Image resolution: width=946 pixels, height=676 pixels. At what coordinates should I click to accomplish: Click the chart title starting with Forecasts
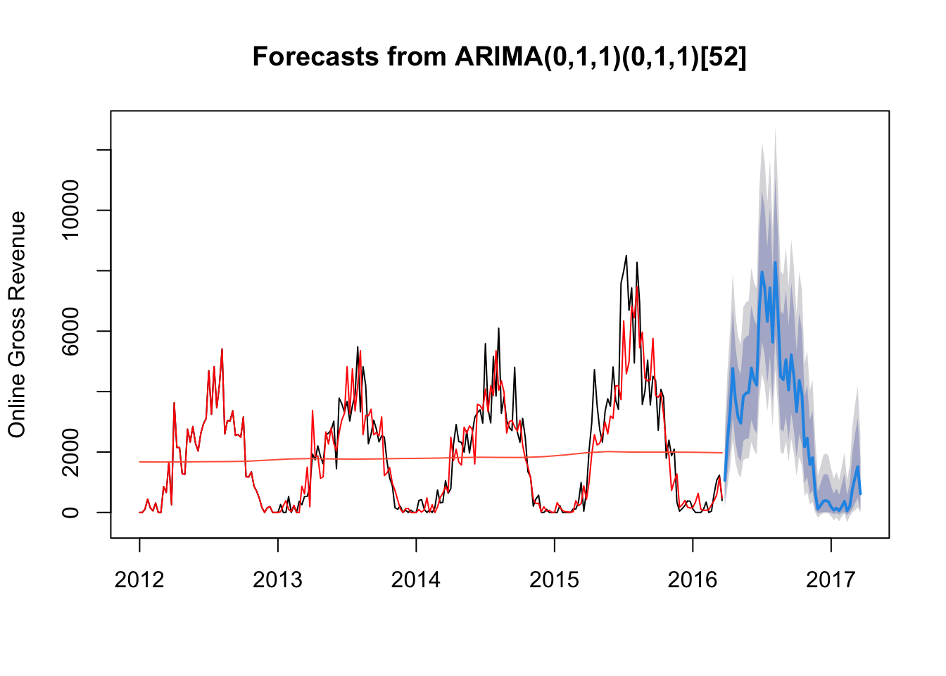pyautogui.click(x=499, y=56)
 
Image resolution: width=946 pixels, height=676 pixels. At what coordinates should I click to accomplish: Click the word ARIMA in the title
pyautogui.click(x=499, y=56)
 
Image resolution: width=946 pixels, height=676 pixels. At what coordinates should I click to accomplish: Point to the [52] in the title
pyautogui.click(x=724, y=57)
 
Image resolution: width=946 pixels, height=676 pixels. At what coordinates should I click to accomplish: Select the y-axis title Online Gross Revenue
pyautogui.click(x=17, y=325)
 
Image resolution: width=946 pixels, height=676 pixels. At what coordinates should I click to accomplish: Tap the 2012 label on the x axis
pyautogui.click(x=139, y=580)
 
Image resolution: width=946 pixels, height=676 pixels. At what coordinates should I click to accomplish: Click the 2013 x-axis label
pyautogui.click(x=277, y=580)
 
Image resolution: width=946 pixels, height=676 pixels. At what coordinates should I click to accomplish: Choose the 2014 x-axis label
pyautogui.click(x=415, y=580)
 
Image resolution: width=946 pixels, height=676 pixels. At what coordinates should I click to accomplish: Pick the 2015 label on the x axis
pyautogui.click(x=554, y=580)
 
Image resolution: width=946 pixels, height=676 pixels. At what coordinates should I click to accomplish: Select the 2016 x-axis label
pyautogui.click(x=692, y=580)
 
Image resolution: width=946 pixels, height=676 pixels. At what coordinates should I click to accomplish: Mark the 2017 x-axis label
pyautogui.click(x=831, y=580)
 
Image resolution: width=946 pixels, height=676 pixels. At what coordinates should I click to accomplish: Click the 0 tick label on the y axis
pyautogui.click(x=70, y=513)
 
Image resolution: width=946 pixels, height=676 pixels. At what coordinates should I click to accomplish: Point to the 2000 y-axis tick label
pyautogui.click(x=70, y=452)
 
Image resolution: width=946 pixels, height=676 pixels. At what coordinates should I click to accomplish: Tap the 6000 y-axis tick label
pyautogui.click(x=70, y=331)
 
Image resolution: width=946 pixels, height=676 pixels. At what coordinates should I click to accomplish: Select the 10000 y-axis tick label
pyautogui.click(x=70, y=210)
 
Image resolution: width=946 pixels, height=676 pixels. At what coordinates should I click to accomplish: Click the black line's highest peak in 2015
pyautogui.click(x=626, y=256)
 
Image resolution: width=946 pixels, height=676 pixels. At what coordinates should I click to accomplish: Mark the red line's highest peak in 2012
pyautogui.click(x=222, y=349)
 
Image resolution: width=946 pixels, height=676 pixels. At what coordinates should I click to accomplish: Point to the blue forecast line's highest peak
pyautogui.click(x=776, y=263)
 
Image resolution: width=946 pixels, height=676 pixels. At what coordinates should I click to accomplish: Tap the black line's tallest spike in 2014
pyautogui.click(x=499, y=328)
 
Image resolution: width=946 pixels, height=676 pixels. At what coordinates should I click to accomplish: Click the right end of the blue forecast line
pyautogui.click(x=860, y=494)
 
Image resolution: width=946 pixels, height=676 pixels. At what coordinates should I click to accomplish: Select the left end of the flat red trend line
pyautogui.click(x=139, y=462)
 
